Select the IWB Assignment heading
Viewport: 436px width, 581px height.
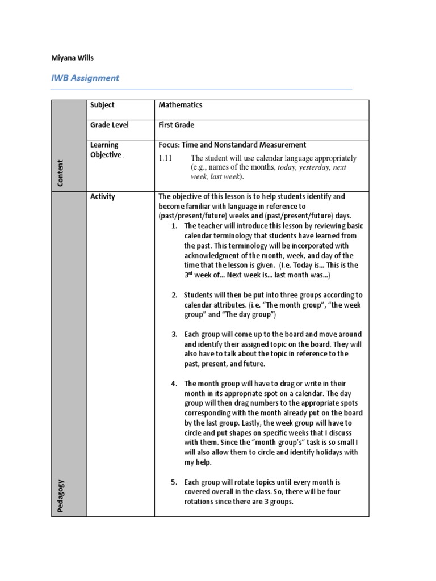click(85, 78)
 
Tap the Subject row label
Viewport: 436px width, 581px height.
click(102, 105)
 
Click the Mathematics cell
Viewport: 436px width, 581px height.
click(181, 105)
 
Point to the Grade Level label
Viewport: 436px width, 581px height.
click(108, 125)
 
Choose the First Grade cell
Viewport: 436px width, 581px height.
click(177, 125)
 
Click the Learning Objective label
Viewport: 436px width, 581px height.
click(106, 150)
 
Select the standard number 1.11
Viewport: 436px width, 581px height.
click(165, 158)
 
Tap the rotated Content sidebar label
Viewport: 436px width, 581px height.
click(60, 172)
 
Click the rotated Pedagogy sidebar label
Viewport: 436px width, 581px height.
click(60, 496)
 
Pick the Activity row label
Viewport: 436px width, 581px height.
click(103, 197)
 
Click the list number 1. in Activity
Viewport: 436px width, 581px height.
click(174, 226)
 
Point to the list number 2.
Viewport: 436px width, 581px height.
click(174, 295)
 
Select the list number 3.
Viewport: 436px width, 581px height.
click(174, 335)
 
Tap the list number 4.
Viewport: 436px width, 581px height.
click(174, 384)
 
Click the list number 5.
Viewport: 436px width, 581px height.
click(174, 482)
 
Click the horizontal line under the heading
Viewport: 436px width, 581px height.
click(202, 89)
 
